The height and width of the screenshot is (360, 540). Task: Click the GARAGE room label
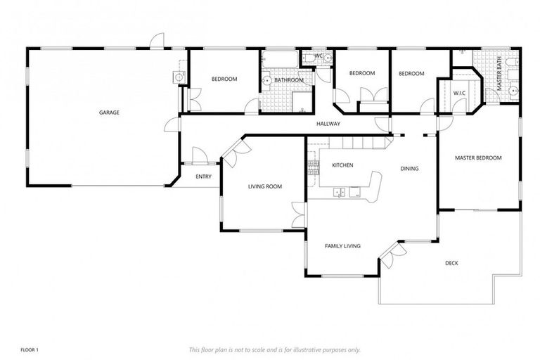[x=108, y=112]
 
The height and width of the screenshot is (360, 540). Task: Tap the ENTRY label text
[x=203, y=176]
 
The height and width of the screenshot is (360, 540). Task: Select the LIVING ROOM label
[x=264, y=186]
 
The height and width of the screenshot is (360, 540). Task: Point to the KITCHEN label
[x=342, y=165]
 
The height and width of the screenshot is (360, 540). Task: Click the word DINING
[x=409, y=169]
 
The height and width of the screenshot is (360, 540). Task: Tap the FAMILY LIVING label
[x=342, y=246]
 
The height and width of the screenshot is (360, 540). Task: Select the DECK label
[x=451, y=264]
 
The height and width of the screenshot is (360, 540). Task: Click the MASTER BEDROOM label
[x=478, y=158]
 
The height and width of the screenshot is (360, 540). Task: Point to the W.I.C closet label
[x=459, y=93]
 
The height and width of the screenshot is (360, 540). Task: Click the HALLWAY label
[x=328, y=124]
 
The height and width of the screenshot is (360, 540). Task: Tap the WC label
[x=318, y=56]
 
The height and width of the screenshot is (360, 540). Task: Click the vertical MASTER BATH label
[x=501, y=76]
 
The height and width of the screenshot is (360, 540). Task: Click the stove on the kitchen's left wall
[x=312, y=167]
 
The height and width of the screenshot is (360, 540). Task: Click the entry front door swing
[x=199, y=156]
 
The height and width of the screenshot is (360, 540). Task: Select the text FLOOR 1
[x=30, y=349]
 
